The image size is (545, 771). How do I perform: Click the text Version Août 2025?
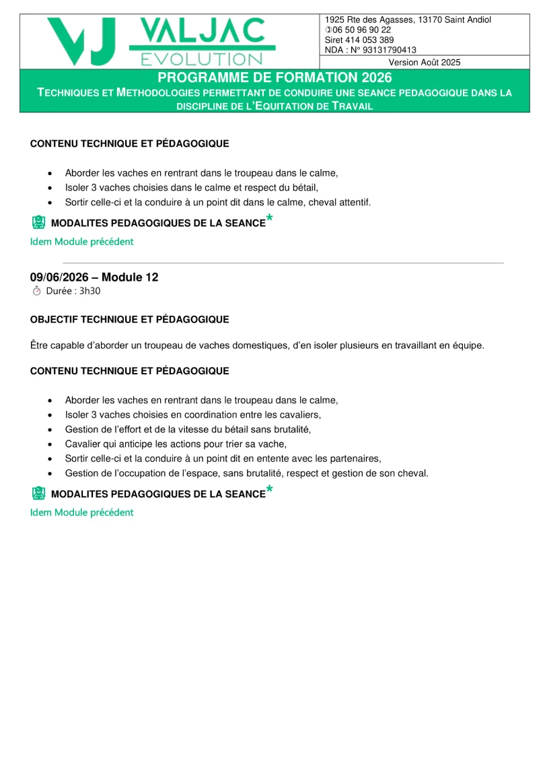click(425, 62)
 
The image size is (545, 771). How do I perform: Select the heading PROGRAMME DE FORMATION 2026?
click(275, 77)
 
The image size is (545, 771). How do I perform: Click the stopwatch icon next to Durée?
click(37, 291)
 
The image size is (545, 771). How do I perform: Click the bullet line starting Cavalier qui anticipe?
click(176, 443)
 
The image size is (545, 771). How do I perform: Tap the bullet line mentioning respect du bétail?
click(191, 187)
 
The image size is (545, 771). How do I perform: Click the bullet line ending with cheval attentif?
click(217, 202)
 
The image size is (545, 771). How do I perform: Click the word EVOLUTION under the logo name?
click(201, 59)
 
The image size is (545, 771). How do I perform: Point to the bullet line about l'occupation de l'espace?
click(246, 473)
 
